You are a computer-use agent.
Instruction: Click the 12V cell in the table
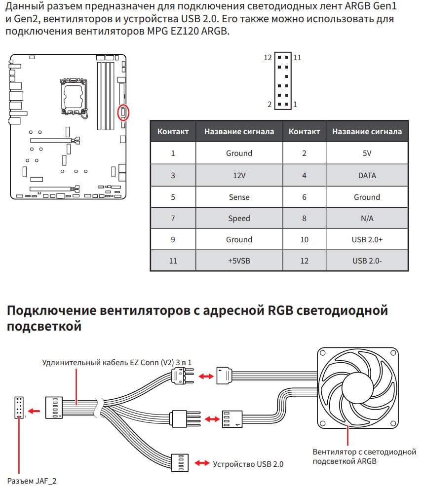tap(239, 175)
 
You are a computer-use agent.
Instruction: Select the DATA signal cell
tap(367, 175)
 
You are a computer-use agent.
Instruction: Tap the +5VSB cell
tap(239, 261)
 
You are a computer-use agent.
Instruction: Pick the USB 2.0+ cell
tap(367, 239)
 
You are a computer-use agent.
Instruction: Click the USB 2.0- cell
tap(367, 261)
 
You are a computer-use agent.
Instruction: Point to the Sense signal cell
tap(239, 197)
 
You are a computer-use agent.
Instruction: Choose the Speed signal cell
tap(239, 218)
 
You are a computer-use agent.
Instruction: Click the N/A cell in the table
tap(367, 218)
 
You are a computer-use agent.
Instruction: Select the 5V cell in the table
tap(367, 153)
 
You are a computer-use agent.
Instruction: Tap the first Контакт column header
tap(173, 132)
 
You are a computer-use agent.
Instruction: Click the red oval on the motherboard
tap(123, 113)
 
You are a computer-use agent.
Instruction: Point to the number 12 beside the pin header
tap(268, 58)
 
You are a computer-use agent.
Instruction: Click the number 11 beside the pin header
tap(297, 58)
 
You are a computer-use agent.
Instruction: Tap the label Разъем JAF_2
tap(32, 480)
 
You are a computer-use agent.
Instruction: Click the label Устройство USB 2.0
tap(248, 464)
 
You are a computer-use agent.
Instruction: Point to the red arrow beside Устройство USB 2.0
tap(202, 463)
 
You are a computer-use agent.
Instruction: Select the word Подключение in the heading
tap(50, 311)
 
